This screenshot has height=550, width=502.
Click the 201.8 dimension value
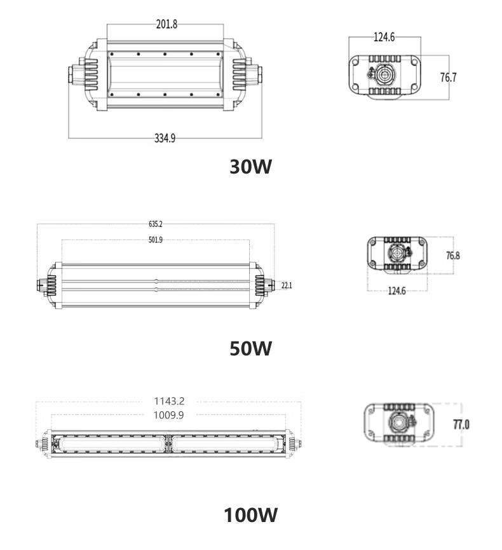166,24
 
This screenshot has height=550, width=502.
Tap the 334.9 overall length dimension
165,138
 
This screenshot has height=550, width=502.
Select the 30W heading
250,167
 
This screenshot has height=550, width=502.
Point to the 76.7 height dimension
449,77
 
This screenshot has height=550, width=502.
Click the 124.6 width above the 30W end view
384,37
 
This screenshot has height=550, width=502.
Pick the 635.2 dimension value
155,224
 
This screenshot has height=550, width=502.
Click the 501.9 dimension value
155,240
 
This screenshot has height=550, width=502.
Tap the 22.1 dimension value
287,285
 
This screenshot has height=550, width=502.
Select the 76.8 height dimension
452,256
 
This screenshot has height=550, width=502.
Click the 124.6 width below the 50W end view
397,291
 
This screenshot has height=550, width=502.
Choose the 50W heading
250,348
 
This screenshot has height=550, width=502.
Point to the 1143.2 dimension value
169,401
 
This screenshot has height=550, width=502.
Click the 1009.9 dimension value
168,415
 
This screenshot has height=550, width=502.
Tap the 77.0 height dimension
461,425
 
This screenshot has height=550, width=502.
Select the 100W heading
250,515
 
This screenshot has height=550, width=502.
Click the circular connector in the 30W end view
384,75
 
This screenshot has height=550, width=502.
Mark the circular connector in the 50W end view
398,253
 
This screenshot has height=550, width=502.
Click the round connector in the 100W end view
399,422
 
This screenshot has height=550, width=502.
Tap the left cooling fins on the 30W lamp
91,74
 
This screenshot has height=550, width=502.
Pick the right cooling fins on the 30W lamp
240,74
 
